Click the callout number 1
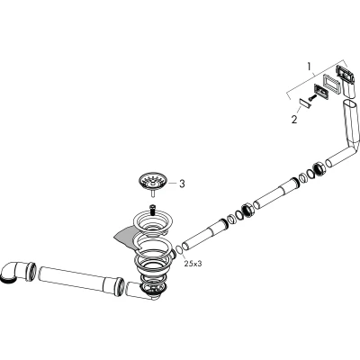pos(310,66)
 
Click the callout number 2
pos(294,120)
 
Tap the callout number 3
pos(182,184)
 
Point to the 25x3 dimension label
pos(193,264)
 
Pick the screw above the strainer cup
pos(153,209)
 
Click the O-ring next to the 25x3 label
pos(178,250)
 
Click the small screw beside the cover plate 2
pos(311,98)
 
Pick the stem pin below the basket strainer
pos(153,193)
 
